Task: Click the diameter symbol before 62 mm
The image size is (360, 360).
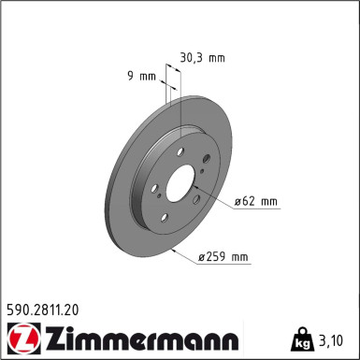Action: pyautogui.click(x=239, y=200)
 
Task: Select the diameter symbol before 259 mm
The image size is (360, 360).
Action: pyautogui.click(x=203, y=256)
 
